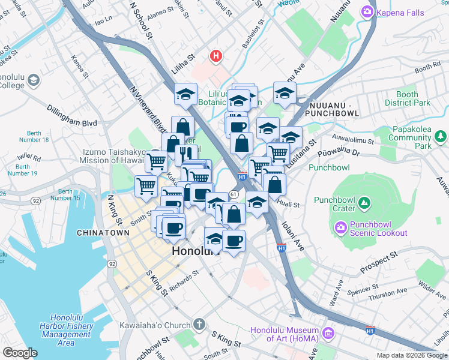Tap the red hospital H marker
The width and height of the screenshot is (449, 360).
tap(216, 56)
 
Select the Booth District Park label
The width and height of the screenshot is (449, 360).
tap(414, 98)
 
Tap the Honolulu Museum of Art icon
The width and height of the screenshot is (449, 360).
tap(328, 332)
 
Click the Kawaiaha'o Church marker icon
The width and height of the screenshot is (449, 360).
tap(200, 325)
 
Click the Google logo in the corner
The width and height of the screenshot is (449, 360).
tap(20, 353)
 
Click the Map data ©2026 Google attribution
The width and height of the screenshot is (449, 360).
tap(412, 355)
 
